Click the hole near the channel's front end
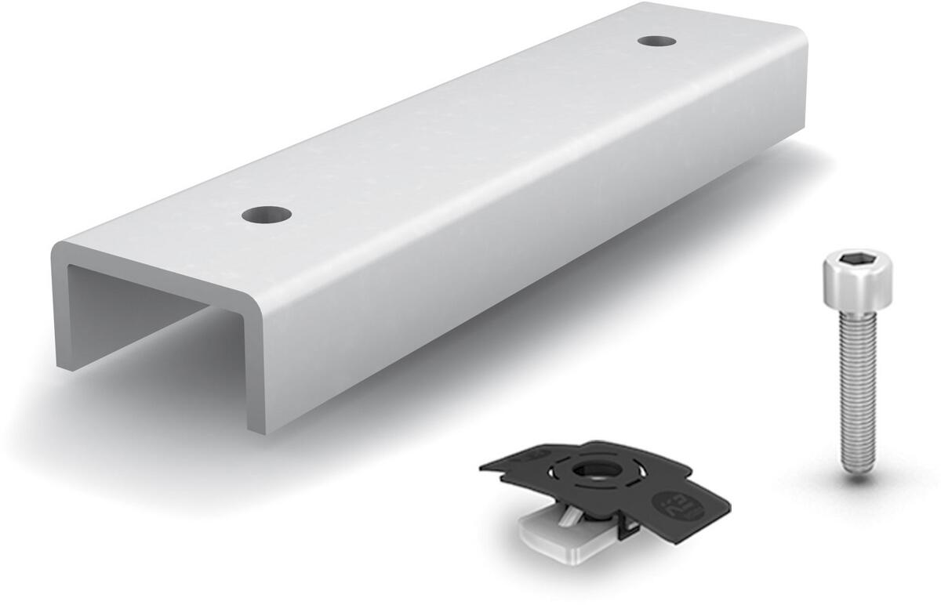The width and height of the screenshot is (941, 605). (x=266, y=213)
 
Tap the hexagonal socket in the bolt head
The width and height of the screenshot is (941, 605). (x=856, y=259)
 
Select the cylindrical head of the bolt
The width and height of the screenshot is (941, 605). (x=856, y=282)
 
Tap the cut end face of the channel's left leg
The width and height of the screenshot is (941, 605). (x=61, y=313)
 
